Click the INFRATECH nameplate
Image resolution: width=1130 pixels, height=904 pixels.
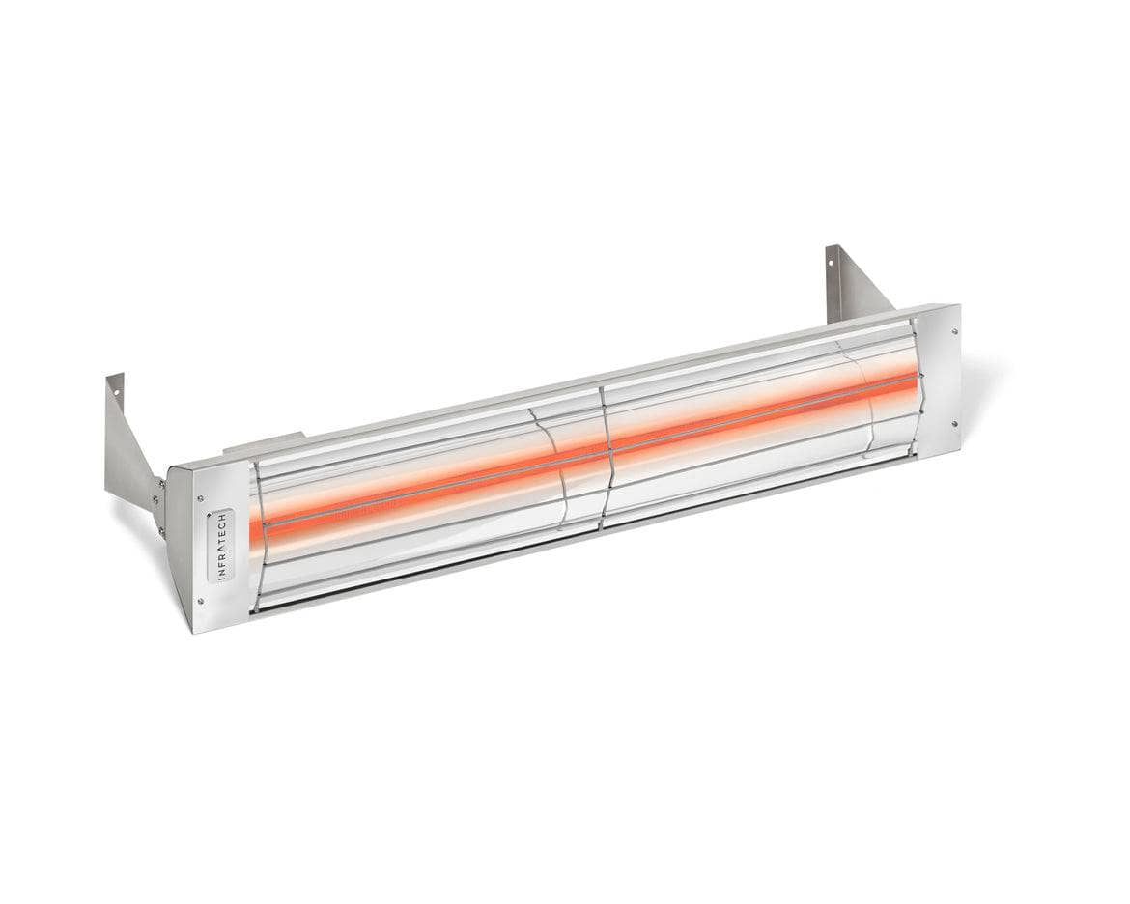220,547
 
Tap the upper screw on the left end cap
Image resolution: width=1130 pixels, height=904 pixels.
201,499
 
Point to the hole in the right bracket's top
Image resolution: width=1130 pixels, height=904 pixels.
833,262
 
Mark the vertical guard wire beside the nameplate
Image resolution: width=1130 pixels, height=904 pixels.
260,537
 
